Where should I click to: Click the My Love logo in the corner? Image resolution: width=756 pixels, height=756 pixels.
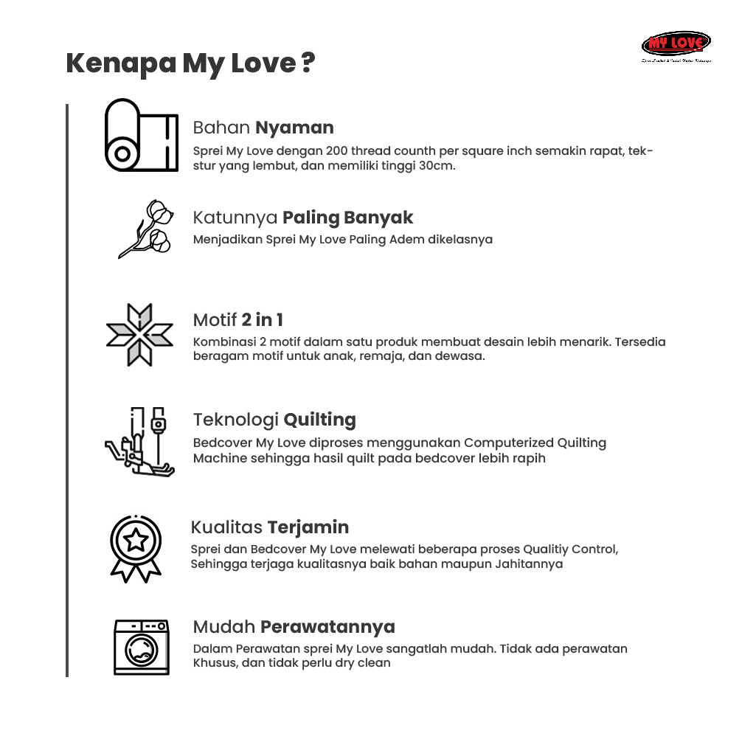(676, 45)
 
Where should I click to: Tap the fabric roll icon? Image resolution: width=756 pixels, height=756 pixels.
(142, 136)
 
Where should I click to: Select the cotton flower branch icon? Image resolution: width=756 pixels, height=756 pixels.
(146, 228)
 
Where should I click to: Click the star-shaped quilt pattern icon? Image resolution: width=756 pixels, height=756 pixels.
(139, 335)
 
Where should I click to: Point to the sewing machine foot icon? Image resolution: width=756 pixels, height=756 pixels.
(139, 442)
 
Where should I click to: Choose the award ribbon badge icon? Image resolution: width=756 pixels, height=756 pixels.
(136, 548)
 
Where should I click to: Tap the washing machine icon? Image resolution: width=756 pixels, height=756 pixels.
(142, 647)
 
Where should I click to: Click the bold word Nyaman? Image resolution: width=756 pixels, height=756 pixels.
(294, 128)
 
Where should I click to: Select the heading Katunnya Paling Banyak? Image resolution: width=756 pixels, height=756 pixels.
(302, 218)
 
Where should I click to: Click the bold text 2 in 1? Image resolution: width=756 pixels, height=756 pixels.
(262, 320)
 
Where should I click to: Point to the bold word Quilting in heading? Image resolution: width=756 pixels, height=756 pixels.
(319, 420)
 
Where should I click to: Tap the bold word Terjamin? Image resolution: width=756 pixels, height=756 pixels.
(308, 527)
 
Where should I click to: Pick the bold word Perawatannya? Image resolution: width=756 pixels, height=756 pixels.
(327, 627)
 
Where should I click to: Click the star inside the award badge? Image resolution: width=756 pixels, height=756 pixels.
(136, 541)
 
